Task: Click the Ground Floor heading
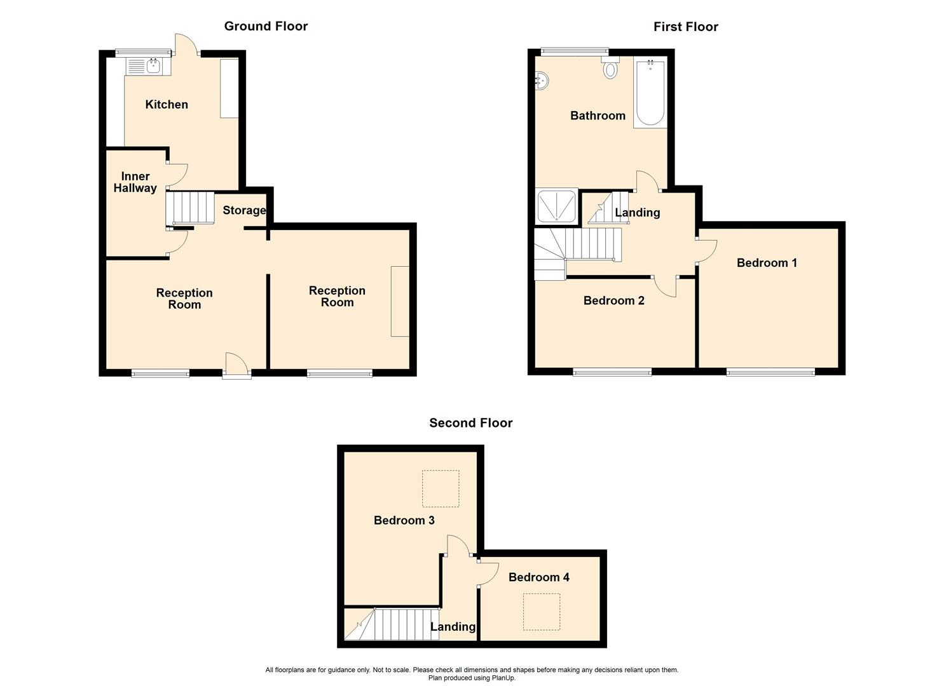pos(266,26)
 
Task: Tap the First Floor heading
pos(685,27)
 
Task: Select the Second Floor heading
pos(470,423)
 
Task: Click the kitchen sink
pos(147,65)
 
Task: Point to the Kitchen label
pos(167,105)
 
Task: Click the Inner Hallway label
pos(135,182)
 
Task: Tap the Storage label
pos(244,210)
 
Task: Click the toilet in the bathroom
pos(610,69)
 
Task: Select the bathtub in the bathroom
pos(650,94)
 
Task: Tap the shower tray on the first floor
pos(557,206)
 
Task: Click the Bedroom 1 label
pos(767,263)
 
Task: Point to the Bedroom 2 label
pos(613,300)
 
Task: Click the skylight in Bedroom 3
pos(441,488)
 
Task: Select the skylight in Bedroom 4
pos(541,612)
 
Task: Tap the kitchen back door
pos(186,44)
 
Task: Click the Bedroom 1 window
pos(770,372)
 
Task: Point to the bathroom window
pos(574,51)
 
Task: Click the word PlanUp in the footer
pos(502,678)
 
